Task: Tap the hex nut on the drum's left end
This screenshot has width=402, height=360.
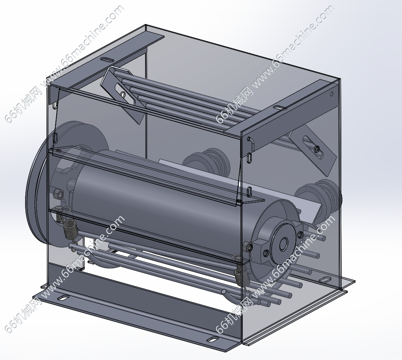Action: click(57, 194)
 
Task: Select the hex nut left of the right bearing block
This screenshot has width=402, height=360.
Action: click(248, 247)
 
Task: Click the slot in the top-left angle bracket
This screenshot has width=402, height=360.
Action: click(107, 60)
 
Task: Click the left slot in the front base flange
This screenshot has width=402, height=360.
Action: click(62, 298)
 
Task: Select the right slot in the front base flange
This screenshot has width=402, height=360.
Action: click(212, 340)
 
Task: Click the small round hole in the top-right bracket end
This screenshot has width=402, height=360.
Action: click(332, 94)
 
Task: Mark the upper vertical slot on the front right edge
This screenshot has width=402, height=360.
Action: click(250, 158)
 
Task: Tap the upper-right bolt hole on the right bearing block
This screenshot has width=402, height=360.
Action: click(300, 235)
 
